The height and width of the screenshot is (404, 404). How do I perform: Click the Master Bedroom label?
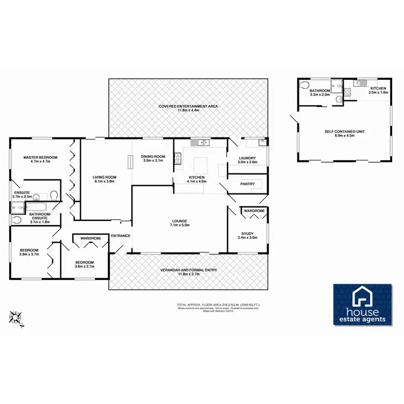[40, 157]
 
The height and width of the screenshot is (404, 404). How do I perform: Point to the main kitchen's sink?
[203, 143]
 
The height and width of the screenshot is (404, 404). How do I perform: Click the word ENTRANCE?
[120, 235]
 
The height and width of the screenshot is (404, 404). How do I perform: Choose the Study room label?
[247, 234]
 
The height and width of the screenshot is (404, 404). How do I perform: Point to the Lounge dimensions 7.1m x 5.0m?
[179, 225]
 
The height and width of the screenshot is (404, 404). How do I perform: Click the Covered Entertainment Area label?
[188, 107]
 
